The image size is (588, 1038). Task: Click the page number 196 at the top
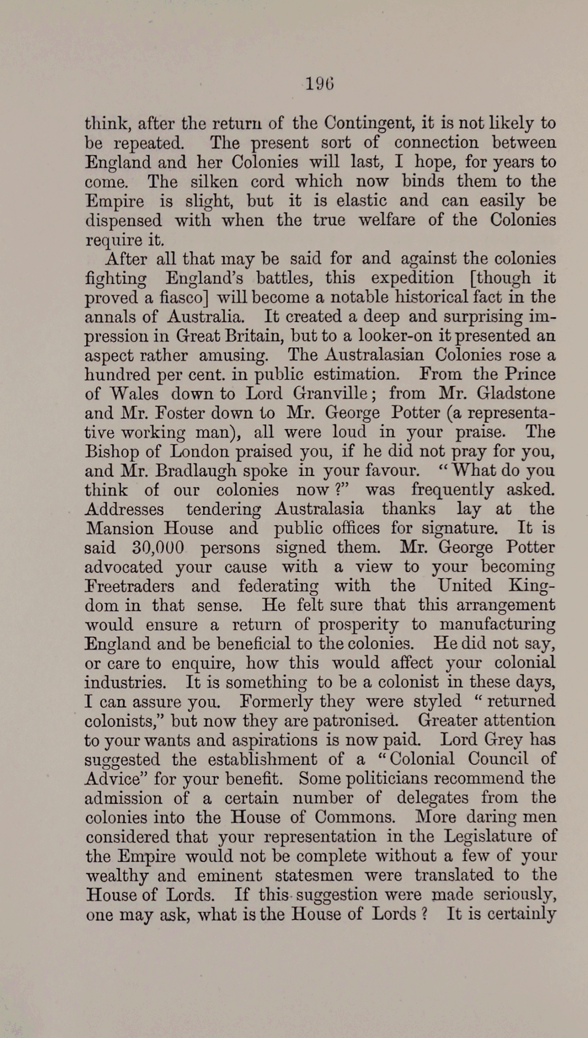[x=320, y=84]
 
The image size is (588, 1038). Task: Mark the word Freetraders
[x=129, y=586]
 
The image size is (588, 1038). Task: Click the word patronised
[x=356, y=721]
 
